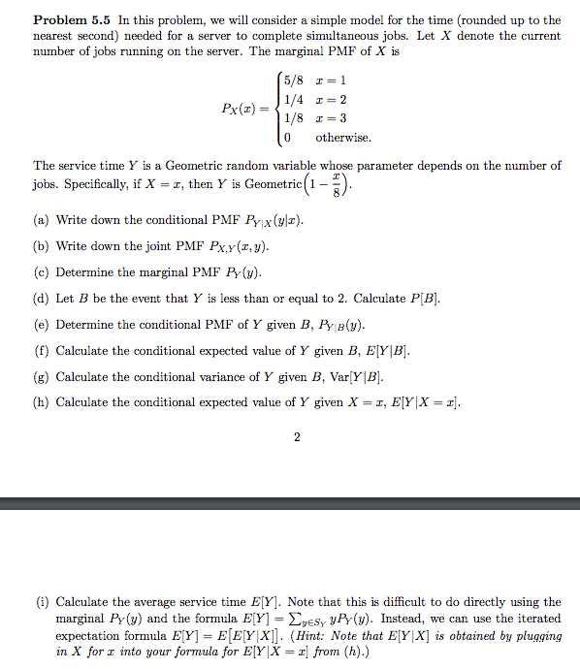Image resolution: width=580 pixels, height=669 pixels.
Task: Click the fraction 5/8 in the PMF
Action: point(292,80)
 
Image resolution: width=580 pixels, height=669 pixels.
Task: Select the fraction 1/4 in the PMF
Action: point(292,99)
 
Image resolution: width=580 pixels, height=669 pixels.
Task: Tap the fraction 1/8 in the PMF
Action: point(292,118)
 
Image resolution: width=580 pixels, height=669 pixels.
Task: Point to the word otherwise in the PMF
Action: point(343,138)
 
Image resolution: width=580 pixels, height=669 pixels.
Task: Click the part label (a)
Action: point(42,220)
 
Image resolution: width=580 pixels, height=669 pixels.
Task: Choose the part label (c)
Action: point(42,272)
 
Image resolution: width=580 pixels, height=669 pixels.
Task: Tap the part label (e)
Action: point(42,325)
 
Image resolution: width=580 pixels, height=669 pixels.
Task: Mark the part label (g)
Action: point(42,377)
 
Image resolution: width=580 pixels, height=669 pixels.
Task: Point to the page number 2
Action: point(297,437)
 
